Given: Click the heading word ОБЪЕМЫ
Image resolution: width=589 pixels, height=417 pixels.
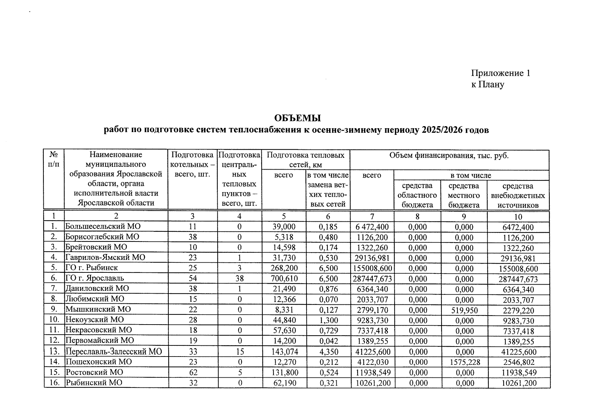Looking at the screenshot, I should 297,118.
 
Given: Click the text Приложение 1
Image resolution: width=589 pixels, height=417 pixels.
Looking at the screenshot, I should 500,73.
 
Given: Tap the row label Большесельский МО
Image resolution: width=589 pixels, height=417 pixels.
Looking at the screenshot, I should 103,227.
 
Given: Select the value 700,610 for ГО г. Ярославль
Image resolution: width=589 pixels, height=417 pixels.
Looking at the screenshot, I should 284,278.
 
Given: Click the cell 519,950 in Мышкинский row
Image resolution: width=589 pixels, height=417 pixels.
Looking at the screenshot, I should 464,310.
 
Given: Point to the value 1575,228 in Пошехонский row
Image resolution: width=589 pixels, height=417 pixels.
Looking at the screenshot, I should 465,362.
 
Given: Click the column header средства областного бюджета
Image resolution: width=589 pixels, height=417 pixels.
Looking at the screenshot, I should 417,195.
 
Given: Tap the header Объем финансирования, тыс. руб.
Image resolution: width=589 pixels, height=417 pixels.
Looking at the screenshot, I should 449,155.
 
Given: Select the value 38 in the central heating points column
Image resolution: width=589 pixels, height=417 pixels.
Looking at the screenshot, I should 239,278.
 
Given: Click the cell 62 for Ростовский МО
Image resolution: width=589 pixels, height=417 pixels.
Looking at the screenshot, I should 193,373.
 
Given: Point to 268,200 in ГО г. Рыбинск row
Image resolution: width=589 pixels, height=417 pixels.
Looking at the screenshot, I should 284,268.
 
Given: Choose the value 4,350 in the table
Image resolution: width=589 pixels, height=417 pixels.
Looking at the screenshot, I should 328,352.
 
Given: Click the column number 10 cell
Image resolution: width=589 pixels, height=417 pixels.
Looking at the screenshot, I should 518,217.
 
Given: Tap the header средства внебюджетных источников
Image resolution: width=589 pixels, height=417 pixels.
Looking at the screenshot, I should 518,195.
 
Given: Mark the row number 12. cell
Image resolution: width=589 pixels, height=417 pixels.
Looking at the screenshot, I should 54,341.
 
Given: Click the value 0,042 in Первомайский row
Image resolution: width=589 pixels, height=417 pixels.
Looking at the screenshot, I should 328,341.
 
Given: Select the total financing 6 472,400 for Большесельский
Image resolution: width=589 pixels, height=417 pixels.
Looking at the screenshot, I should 372,227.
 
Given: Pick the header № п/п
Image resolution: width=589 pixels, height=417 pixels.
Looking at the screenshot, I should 54,159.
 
